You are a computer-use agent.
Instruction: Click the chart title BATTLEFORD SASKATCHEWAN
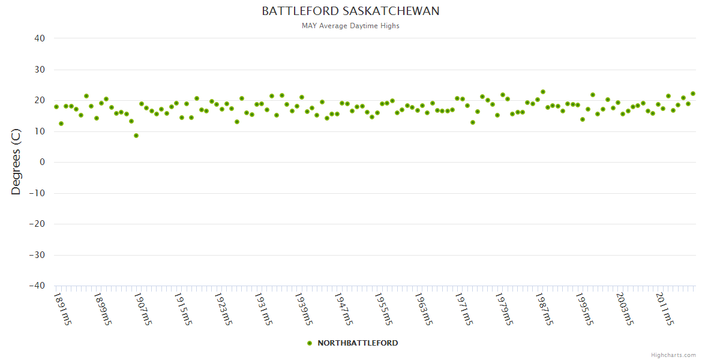350,11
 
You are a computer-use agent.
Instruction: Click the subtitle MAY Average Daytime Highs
350,26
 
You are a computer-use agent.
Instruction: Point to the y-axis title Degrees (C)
16,162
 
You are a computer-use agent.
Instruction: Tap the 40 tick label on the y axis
40,38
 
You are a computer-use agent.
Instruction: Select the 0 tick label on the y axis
43,162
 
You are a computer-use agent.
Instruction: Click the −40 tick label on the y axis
37,286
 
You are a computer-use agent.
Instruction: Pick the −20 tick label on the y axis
37,224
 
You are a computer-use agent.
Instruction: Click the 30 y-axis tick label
40,70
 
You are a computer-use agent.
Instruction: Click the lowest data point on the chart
136,136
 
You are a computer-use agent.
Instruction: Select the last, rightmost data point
693,94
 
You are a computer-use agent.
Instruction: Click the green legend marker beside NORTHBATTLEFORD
310,343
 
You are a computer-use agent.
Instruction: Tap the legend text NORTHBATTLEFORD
358,343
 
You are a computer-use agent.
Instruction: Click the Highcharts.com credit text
673,355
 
